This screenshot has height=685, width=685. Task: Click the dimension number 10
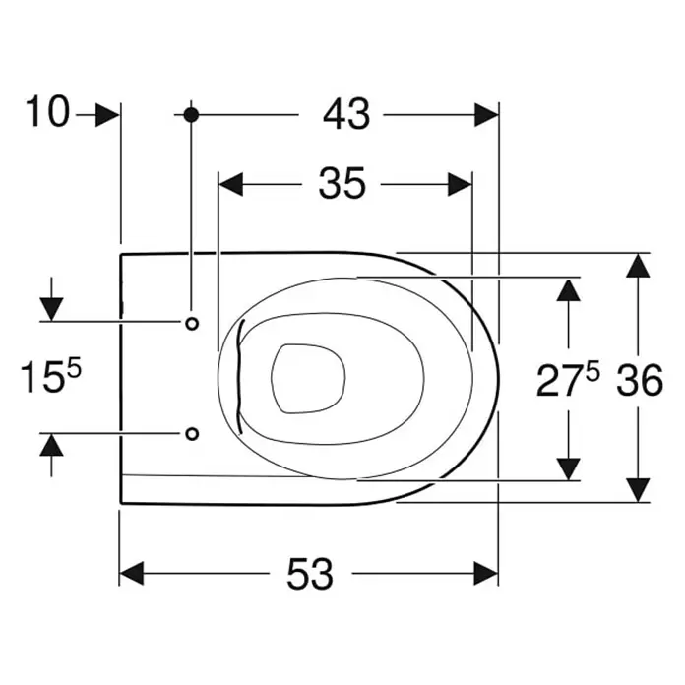point(47,112)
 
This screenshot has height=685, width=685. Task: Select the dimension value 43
point(346,114)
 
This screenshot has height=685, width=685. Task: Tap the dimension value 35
point(342,184)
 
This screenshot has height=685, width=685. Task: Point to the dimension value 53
point(310,573)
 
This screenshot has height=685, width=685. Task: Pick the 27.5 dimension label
point(568,381)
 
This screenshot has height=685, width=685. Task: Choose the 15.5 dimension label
point(51,377)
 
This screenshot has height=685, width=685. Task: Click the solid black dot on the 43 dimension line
point(191,115)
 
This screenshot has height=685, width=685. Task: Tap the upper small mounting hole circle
point(192,323)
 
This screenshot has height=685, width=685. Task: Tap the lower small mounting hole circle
point(192,434)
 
